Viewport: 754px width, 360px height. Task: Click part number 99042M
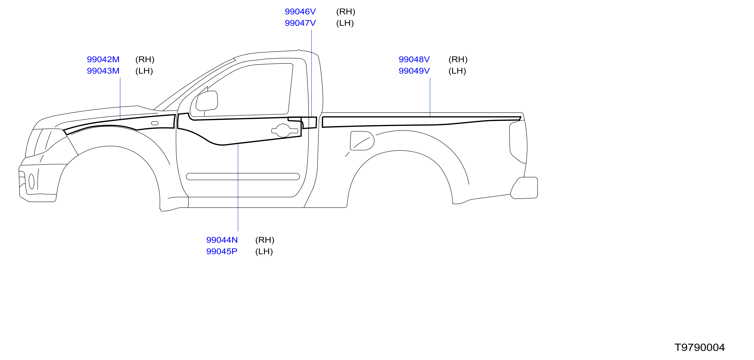[103, 59]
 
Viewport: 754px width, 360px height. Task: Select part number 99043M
[103, 71]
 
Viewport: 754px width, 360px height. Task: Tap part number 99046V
[300, 12]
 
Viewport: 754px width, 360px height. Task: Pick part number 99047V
[300, 23]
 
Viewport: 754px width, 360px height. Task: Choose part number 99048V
[414, 59]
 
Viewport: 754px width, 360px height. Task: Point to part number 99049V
[414, 71]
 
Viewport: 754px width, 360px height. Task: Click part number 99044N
[222, 240]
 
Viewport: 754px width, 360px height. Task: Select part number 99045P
[222, 251]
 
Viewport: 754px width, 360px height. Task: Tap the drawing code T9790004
[700, 347]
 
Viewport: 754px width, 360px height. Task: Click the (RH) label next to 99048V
[458, 59]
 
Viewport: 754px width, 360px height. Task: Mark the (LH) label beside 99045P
[264, 251]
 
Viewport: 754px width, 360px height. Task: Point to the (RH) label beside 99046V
[346, 12]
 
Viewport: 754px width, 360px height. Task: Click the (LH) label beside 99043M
[144, 71]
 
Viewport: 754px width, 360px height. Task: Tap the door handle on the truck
[285, 131]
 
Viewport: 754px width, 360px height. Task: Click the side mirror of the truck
[207, 101]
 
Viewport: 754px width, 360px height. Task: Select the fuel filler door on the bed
[362, 141]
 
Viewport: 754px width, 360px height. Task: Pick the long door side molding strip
[243, 177]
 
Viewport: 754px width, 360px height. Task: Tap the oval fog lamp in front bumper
[32, 181]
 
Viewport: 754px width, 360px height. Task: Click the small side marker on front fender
[155, 123]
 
